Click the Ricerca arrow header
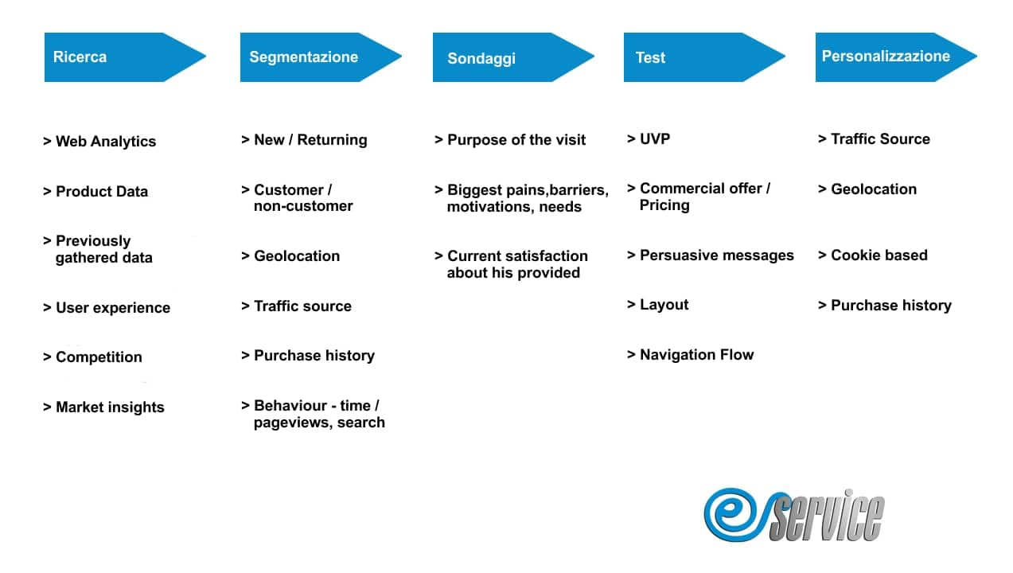[x=125, y=57]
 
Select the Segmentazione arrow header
[x=321, y=57]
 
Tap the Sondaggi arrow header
[x=514, y=57]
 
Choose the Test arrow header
[x=704, y=57]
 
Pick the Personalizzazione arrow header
[x=896, y=57]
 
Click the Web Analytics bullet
[x=99, y=142]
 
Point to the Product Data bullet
[x=95, y=191]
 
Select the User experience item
[x=107, y=307]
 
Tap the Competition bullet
[x=92, y=357]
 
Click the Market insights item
[x=103, y=407]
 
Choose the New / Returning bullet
[x=304, y=140]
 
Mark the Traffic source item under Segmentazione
[x=296, y=306]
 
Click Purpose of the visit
[x=510, y=140]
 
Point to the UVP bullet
[x=649, y=138]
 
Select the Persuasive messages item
[x=711, y=255]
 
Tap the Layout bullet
[x=657, y=305]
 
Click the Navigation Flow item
[x=691, y=355]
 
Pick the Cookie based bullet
[x=873, y=255]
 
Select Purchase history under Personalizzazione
[x=885, y=306]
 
